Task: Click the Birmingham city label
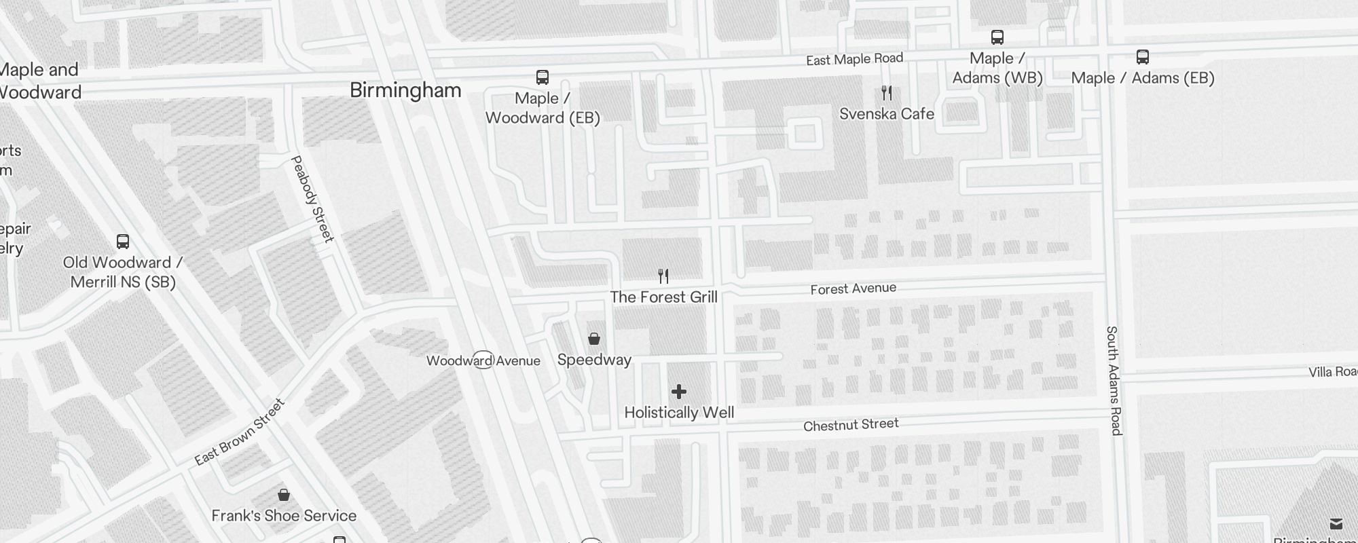tap(405, 90)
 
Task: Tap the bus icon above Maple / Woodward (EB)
tap(543, 77)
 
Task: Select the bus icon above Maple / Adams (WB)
tap(997, 37)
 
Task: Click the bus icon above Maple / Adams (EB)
tap(1143, 57)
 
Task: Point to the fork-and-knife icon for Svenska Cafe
tap(887, 92)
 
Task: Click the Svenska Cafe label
tap(887, 114)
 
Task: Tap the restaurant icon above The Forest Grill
tap(663, 276)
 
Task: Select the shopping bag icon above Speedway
tap(594, 339)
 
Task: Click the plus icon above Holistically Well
tap(679, 392)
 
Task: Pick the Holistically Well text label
tap(679, 413)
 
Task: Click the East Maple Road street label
tap(854, 59)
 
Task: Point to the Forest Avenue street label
tap(853, 288)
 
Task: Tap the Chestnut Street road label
tap(851, 425)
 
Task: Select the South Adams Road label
tap(1114, 380)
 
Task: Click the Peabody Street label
tap(312, 198)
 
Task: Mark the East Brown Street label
tap(240, 432)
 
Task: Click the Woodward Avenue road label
tap(483, 360)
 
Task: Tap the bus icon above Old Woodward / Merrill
tap(123, 242)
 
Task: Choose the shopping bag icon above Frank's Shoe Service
tap(284, 495)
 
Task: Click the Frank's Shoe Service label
tap(284, 516)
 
